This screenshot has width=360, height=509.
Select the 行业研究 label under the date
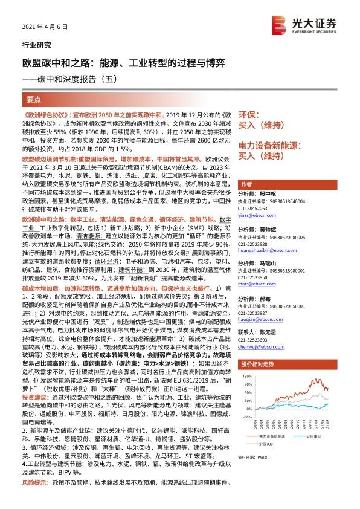pos(34,45)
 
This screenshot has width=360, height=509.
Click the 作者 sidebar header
pos(246,184)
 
